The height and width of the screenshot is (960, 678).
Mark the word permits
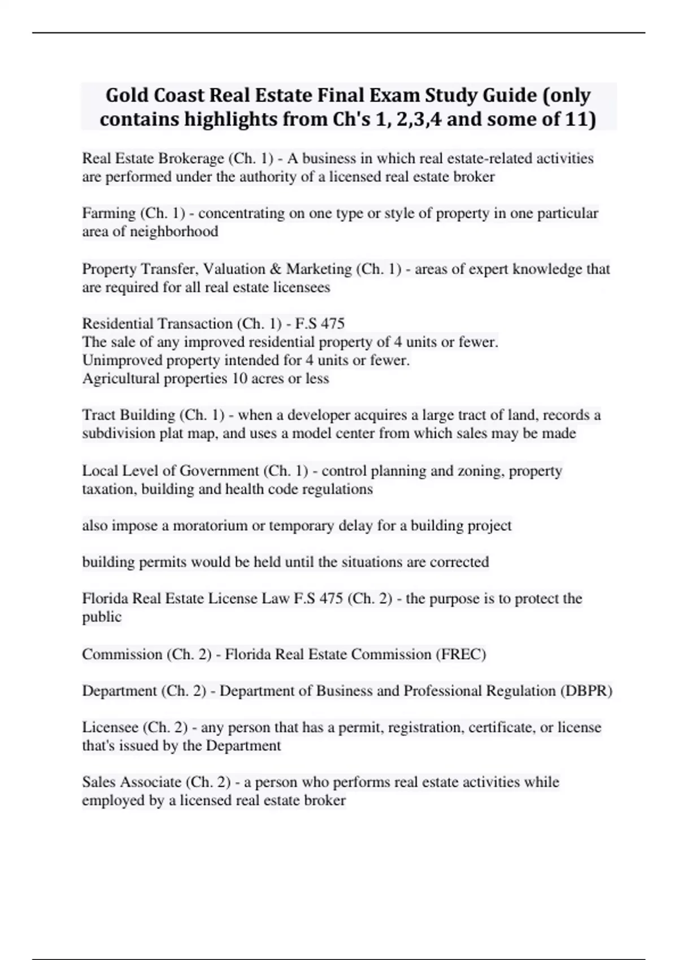[161, 562]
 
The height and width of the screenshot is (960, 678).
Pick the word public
[102, 617]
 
